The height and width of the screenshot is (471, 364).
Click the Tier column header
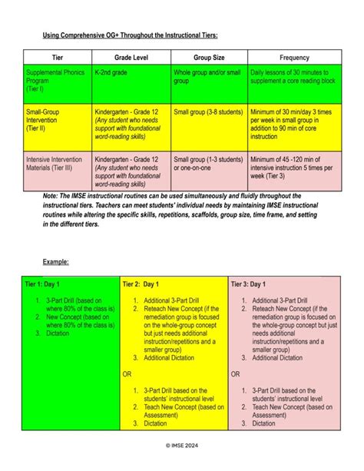click(57, 58)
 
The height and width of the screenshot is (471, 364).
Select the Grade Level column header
click(131, 58)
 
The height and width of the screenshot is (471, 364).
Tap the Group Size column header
click(209, 58)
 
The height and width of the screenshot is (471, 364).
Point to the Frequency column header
click(294, 58)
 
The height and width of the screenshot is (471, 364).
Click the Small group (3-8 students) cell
click(206, 111)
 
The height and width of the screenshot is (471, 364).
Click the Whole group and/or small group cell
click(207, 76)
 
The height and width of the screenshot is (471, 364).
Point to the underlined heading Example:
click(55, 262)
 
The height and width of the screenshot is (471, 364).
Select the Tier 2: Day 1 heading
click(143, 284)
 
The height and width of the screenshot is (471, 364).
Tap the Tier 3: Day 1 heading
click(252, 284)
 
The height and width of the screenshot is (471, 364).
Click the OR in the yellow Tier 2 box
click(127, 373)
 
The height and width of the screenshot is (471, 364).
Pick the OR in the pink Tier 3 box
click(236, 373)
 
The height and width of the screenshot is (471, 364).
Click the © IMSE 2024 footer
click(182, 445)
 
